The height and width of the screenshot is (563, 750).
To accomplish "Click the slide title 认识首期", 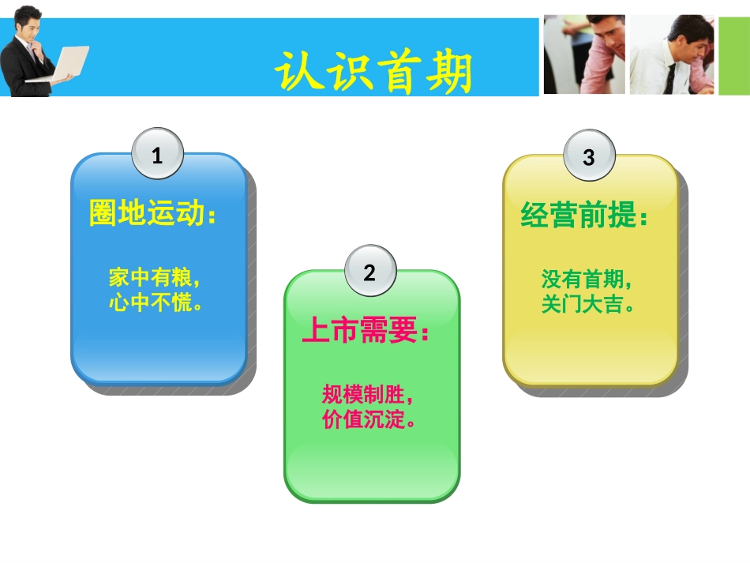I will [373, 73].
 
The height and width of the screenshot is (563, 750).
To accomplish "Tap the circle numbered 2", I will [369, 273].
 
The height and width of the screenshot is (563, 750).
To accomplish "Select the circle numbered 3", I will [588, 156].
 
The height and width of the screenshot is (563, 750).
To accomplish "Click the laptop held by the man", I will [67, 63].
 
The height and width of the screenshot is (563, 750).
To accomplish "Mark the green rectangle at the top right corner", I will [733, 55].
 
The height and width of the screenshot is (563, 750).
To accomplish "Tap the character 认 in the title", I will [298, 73].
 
